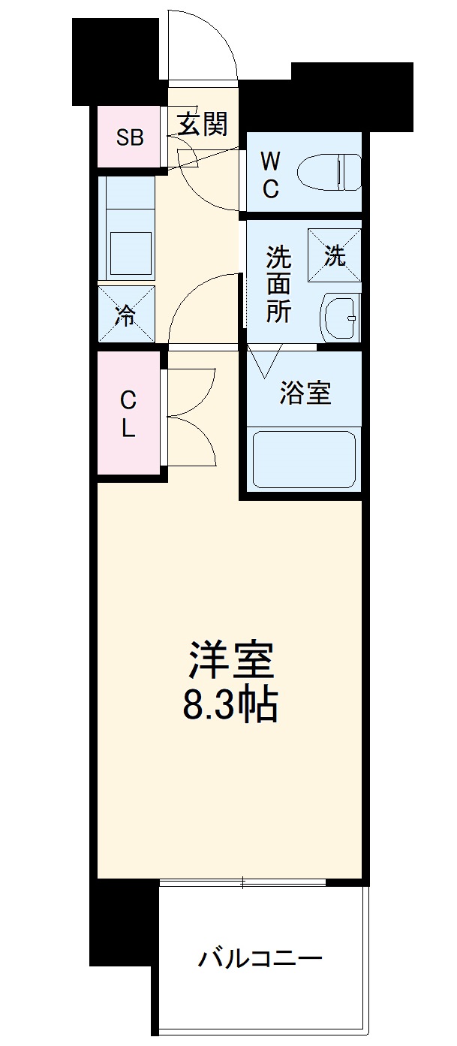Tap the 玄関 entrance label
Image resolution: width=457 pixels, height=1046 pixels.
point(202,124)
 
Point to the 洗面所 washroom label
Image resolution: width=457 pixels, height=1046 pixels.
point(279,285)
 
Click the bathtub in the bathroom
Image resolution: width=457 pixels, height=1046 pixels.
point(304,459)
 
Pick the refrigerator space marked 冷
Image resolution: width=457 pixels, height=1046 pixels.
point(126,315)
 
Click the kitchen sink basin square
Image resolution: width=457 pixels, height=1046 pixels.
point(131,255)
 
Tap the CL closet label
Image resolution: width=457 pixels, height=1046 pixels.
point(128,414)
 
